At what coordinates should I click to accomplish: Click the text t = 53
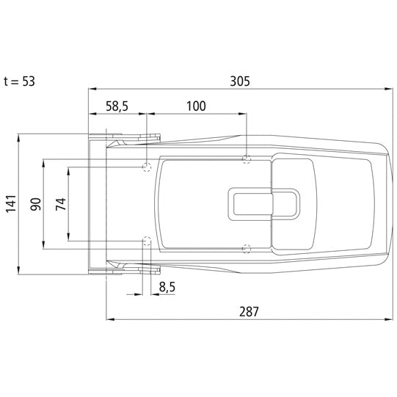[19, 81]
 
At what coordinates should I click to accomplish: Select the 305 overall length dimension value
[238, 81]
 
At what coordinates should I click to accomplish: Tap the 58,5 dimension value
[117, 106]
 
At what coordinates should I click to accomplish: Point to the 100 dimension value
[195, 106]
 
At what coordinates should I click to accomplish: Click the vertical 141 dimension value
[10, 204]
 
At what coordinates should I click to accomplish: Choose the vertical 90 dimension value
[34, 204]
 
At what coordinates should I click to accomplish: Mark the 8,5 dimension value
[167, 287]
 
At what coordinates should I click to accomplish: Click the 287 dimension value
[248, 310]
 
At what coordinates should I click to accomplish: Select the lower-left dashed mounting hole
[147, 240]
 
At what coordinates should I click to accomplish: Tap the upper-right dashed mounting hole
[247, 159]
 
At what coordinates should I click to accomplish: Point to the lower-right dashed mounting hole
[247, 247]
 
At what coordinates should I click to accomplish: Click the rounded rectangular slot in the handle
[263, 203]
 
